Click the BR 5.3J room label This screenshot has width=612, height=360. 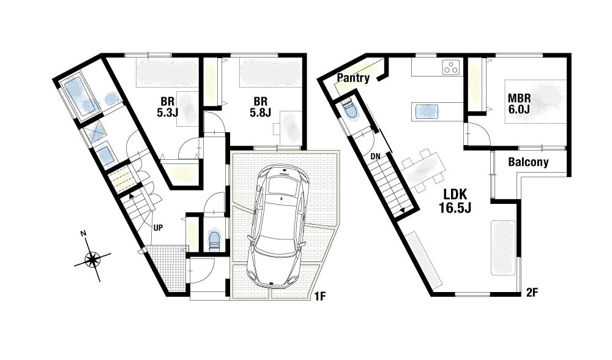click(x=168, y=107)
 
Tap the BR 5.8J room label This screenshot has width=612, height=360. click(x=260, y=107)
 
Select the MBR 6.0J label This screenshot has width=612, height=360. click(x=519, y=103)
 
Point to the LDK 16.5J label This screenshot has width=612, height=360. click(x=455, y=201)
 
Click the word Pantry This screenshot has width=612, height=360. click(x=353, y=78)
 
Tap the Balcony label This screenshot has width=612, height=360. click(x=528, y=162)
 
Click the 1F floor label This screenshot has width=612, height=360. click(x=320, y=297)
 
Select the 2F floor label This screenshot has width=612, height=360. click(x=532, y=293)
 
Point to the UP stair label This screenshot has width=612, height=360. click(x=158, y=228)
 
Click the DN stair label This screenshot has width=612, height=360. click(x=376, y=157)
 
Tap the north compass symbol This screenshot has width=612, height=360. click(x=92, y=258)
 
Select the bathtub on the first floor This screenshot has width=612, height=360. click(x=79, y=96)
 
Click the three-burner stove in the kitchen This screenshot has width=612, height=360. click(x=451, y=67)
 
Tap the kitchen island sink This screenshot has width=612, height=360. click(x=427, y=111)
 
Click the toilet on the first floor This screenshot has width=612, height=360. click(x=214, y=240)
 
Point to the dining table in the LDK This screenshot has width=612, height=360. click(x=423, y=171)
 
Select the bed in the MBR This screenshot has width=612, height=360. click(x=535, y=102)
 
